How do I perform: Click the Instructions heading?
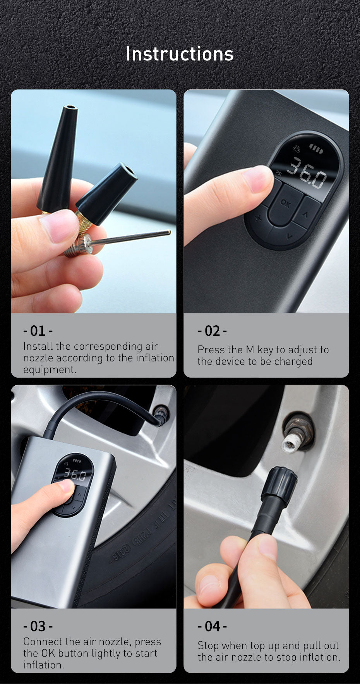pyautogui.click(x=180, y=54)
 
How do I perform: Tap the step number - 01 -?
pyautogui.click(x=38, y=331)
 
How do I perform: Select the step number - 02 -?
pyautogui.click(x=212, y=331)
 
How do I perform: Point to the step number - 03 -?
pyautogui.click(x=38, y=626)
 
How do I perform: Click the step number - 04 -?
pyautogui.click(x=212, y=626)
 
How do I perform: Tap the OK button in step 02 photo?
pyautogui.click(x=286, y=204)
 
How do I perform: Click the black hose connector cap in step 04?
pyautogui.click(x=280, y=486)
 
